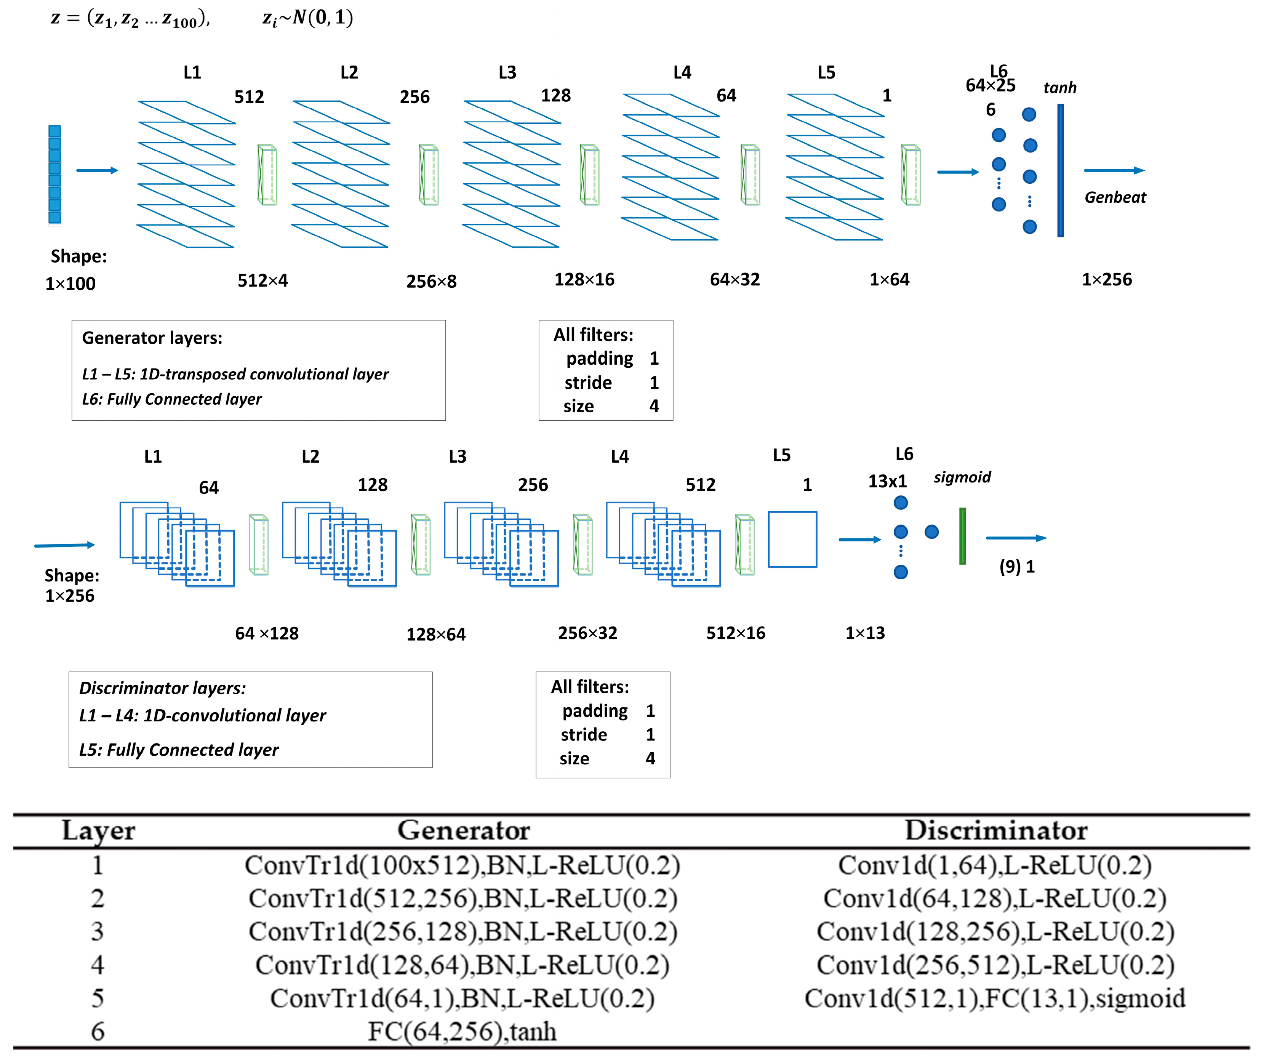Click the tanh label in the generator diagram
[1060, 88]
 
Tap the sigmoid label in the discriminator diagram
[962, 477]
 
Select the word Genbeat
[1115, 198]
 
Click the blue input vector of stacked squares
[54, 175]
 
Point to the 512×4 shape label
[262, 280]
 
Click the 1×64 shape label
[889, 279]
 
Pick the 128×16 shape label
[584, 279]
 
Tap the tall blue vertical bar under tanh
[1061, 171]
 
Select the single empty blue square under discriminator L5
[793, 540]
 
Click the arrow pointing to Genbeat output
[1114, 171]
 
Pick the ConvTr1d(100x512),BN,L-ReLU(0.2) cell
[462, 865]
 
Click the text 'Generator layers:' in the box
[152, 338]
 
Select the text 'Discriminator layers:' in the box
[162, 688]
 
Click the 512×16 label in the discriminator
[736, 633]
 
